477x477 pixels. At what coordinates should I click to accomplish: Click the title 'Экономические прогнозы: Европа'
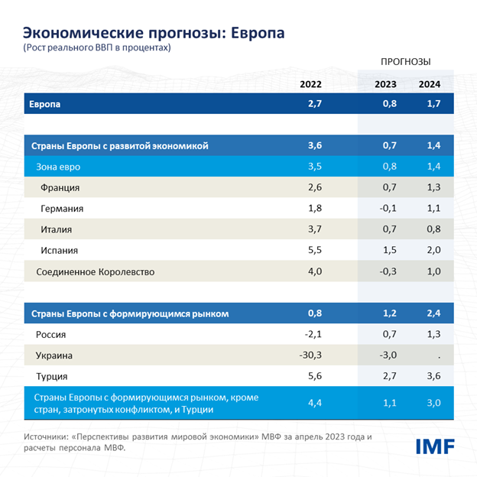point(154,33)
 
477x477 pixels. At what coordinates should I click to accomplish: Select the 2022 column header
point(311,84)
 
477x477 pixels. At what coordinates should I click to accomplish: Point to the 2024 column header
point(429,84)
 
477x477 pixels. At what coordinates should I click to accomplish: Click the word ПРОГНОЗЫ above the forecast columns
point(405,61)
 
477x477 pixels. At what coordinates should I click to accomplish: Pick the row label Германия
point(62,209)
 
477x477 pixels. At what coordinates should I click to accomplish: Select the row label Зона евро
point(58,166)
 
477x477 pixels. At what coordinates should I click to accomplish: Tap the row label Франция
point(60,187)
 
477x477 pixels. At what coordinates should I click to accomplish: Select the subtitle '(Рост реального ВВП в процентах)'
point(96,47)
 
